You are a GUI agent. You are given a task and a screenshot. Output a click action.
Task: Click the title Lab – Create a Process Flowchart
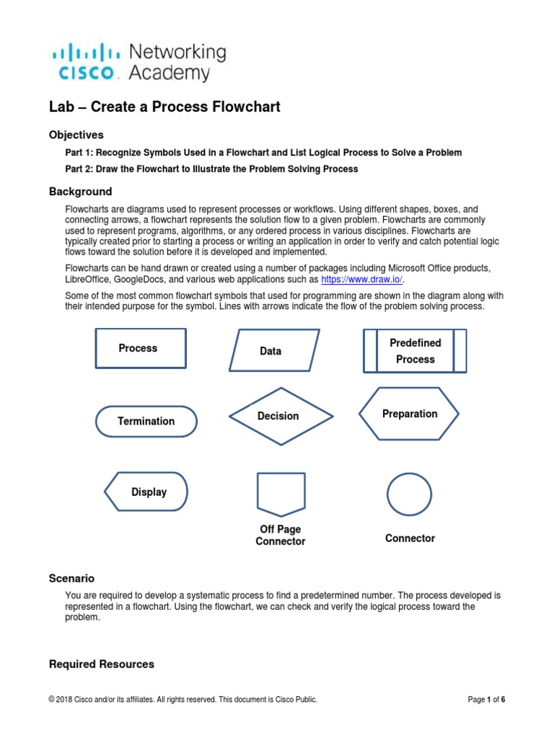click(164, 107)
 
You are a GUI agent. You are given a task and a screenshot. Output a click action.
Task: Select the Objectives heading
click(76, 135)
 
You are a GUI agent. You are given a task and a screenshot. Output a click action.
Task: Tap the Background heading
click(80, 192)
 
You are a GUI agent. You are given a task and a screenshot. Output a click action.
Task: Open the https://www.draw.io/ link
click(362, 280)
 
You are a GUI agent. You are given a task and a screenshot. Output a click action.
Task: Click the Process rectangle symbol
click(140, 348)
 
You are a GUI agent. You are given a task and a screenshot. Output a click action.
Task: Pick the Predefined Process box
click(415, 351)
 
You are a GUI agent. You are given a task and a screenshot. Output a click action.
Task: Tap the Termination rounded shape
click(146, 421)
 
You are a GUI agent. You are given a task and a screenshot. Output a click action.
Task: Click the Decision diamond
click(281, 416)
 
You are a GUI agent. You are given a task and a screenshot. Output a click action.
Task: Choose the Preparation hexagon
click(410, 414)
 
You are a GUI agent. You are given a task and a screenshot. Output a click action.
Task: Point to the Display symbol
click(146, 492)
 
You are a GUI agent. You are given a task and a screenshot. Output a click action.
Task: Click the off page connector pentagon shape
click(281, 494)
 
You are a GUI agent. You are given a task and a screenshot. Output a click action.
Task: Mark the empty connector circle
click(409, 494)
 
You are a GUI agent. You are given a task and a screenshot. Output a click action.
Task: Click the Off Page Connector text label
click(281, 535)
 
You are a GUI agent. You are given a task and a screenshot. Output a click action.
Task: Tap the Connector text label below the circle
click(410, 538)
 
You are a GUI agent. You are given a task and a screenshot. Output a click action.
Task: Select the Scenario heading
click(71, 579)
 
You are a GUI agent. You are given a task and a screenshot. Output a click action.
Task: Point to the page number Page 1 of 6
click(486, 700)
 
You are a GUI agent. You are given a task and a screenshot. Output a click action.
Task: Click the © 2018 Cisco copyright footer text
click(183, 700)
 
